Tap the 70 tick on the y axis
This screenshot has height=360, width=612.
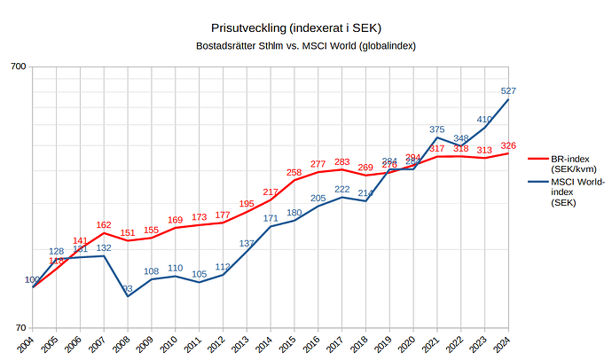[x=21, y=328]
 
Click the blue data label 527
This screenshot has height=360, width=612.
[x=508, y=90]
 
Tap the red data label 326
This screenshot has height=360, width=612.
[x=508, y=145]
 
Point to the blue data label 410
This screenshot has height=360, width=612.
[x=484, y=119]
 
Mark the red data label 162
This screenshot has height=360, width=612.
[x=104, y=225]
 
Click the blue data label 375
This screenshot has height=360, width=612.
[x=436, y=129]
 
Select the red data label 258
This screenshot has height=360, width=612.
[x=294, y=172]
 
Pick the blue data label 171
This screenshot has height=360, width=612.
[x=271, y=218]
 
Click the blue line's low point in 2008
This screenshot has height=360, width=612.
[x=128, y=296]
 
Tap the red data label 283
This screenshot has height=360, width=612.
[x=342, y=161]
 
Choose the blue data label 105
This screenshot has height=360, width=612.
[x=199, y=274]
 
